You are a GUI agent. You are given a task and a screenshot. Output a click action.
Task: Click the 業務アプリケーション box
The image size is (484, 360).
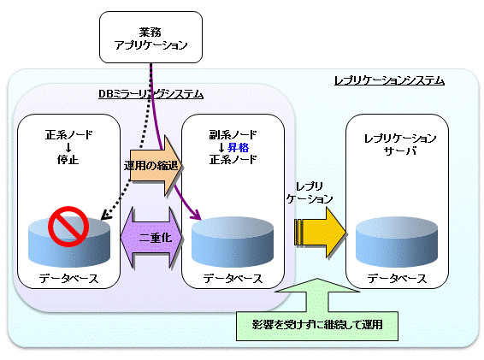pos(151,38)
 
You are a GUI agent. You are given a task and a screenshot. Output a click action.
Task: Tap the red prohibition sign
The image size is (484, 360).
pos(68,227)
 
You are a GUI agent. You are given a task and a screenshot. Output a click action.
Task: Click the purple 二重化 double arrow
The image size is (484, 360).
pos(151,238)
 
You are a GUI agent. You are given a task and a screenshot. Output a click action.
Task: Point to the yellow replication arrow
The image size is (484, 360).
pos(320,233)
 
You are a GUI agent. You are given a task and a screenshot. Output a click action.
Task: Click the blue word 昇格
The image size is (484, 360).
pos(238,148)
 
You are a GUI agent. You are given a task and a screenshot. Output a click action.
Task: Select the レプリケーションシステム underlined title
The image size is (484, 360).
pos(389,81)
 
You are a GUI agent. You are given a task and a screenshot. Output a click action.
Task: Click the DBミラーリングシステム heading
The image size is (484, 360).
pos(151,94)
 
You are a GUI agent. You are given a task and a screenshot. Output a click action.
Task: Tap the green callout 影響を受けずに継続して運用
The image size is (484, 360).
pos(317,324)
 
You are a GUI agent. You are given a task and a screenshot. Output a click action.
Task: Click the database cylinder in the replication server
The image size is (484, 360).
pos(397,242)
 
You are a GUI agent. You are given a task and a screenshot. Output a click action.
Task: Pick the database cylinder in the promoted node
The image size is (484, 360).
pos(233,242)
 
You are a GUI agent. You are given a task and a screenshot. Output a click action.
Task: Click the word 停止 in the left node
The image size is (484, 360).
pos(68,160)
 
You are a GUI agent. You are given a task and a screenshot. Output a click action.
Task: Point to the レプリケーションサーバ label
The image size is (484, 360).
pos(400,145)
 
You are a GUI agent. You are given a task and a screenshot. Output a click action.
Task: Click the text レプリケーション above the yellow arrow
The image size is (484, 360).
pos(310,192)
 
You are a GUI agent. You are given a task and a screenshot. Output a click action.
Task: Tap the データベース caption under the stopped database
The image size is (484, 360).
pos(68,279)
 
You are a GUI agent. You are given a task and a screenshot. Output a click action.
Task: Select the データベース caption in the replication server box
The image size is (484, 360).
pos(397,279)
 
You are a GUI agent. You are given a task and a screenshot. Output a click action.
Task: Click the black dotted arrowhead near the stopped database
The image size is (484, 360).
pos(105,215)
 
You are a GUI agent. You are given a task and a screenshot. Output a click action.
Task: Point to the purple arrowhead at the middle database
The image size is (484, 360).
pos(197,215)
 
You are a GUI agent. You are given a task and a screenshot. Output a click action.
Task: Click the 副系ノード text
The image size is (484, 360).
pos(233,134)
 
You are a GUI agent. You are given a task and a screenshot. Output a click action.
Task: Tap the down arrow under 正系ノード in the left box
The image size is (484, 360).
pos(68,147)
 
